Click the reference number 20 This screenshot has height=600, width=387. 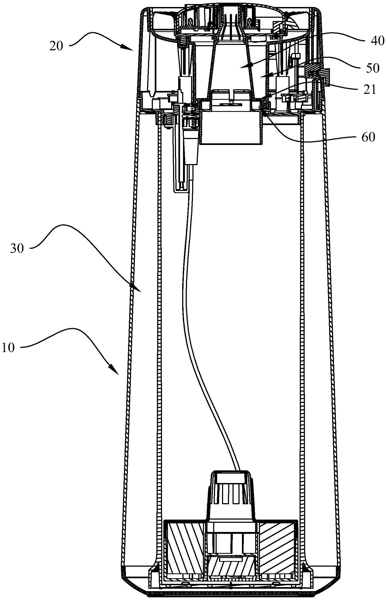pos(56,46)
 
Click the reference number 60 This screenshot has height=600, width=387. pos(368,137)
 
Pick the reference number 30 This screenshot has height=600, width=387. pos(17,248)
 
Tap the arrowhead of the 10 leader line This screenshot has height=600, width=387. pos(115,371)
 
